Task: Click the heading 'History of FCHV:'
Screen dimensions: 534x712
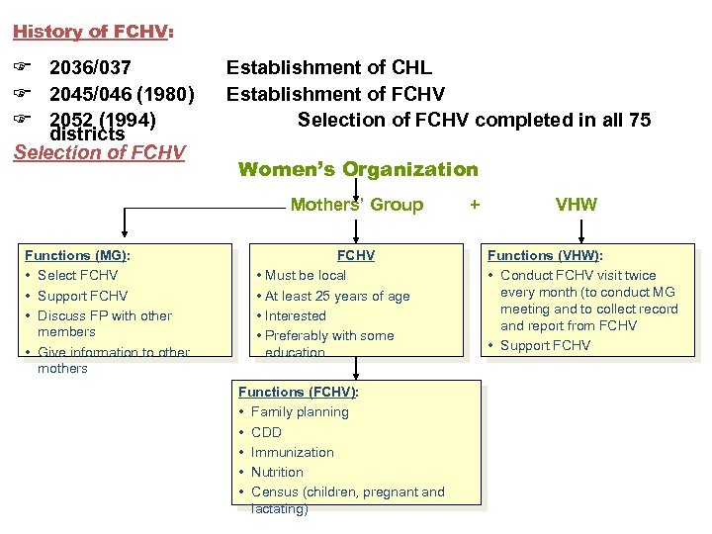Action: tap(93, 32)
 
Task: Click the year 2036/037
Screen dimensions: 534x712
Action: tap(90, 68)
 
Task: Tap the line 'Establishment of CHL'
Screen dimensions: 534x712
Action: tap(329, 68)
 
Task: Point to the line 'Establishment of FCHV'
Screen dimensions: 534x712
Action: tap(335, 95)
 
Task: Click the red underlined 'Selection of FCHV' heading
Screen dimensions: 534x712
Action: tap(99, 152)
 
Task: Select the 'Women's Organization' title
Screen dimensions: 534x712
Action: tap(358, 169)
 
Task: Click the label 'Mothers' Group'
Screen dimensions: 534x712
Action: tap(356, 205)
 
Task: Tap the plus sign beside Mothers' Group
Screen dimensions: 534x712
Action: tap(475, 205)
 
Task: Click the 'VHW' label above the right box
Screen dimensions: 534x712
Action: tap(576, 205)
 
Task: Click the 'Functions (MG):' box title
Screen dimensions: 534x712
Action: tap(77, 255)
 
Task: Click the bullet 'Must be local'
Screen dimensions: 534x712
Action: tap(306, 275)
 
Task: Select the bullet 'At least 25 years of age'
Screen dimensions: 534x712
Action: tap(337, 296)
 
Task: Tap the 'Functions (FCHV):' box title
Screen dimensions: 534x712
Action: tap(298, 392)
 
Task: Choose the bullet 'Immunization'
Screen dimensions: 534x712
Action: tap(292, 452)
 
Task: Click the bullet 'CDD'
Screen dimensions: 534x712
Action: tap(266, 432)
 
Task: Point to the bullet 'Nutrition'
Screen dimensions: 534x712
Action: tap(277, 472)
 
